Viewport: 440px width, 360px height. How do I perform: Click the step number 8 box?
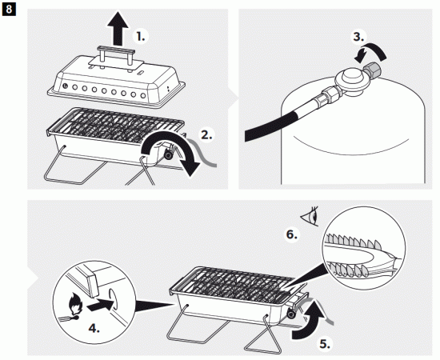(x=9, y=9)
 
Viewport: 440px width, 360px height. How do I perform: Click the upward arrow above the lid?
(x=118, y=28)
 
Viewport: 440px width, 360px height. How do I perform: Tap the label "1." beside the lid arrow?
(x=141, y=37)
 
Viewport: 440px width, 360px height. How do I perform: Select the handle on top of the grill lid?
(x=116, y=55)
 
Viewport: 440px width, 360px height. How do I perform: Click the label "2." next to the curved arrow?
(x=207, y=135)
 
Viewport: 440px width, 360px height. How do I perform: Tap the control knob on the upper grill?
(x=169, y=155)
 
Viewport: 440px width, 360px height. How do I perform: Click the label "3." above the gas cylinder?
(x=359, y=37)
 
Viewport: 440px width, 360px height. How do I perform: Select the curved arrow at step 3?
(x=374, y=48)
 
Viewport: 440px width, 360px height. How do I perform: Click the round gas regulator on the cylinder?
(x=350, y=80)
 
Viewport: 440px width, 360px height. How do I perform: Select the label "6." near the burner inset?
(x=291, y=234)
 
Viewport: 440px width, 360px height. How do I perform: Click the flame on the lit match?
(x=75, y=304)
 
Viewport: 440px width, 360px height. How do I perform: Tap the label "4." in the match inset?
(x=94, y=328)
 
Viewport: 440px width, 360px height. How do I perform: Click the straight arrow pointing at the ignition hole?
(x=100, y=305)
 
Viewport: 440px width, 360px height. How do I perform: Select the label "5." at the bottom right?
(x=325, y=344)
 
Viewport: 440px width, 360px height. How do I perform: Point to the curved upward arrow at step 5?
(x=311, y=320)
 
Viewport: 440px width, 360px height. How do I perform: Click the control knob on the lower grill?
(x=291, y=314)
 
